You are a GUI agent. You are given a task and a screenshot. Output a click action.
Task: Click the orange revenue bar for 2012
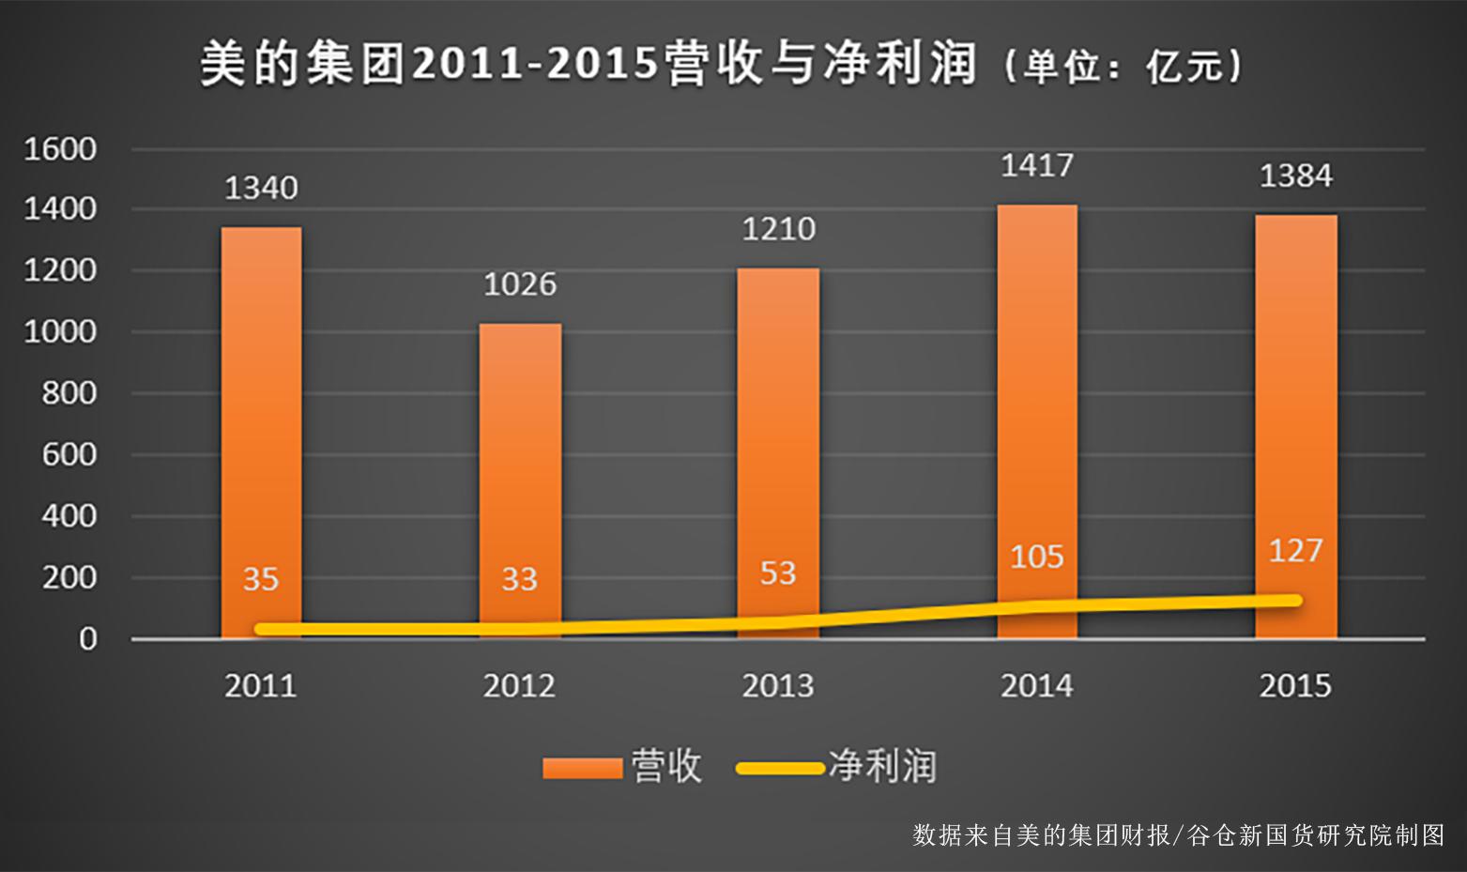coord(520,469)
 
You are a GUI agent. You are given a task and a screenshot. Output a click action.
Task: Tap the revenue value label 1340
coord(261,189)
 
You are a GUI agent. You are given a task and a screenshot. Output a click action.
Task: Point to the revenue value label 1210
coord(779,230)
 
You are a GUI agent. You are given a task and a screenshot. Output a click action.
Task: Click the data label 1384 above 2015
coord(1295,176)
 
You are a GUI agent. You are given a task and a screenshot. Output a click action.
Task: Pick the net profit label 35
coord(261,579)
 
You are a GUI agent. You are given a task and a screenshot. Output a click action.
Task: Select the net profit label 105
coord(1037,558)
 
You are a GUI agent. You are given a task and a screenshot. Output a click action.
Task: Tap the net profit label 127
coord(1295,551)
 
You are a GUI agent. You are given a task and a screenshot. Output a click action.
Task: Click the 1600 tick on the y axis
coord(60,149)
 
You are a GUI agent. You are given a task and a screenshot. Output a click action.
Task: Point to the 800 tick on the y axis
coord(69,393)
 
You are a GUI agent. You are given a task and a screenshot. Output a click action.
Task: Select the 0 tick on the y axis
coord(87,639)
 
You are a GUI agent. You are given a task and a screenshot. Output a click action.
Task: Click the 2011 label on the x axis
coord(261,686)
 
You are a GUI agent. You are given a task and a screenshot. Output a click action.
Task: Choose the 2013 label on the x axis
coord(778,686)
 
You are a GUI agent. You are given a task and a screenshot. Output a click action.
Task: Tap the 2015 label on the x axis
coord(1295,686)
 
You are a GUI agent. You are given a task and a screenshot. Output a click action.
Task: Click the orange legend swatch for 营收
coord(583,769)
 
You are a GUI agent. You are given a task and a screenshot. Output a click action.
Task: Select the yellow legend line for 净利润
coord(780,769)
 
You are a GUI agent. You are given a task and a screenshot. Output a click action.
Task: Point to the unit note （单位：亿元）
coord(1123,66)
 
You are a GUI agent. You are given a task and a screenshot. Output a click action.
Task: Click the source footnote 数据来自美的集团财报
coord(1042,834)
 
